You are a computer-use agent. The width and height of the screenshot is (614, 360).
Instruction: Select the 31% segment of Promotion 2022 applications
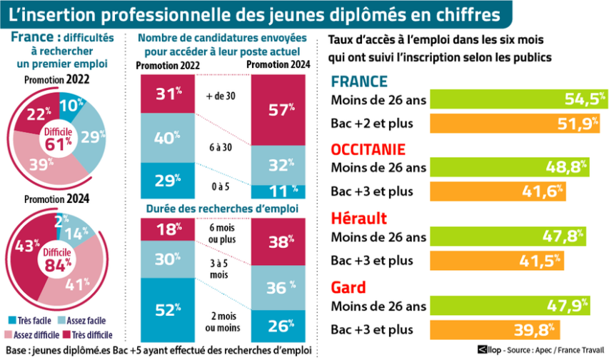coord(166,94)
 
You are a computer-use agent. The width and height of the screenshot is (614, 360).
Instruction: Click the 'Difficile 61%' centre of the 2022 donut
coord(59,136)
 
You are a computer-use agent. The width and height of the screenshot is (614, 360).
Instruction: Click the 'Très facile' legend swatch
coord(13,321)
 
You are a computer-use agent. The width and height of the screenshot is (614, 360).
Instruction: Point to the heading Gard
coord(348,288)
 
